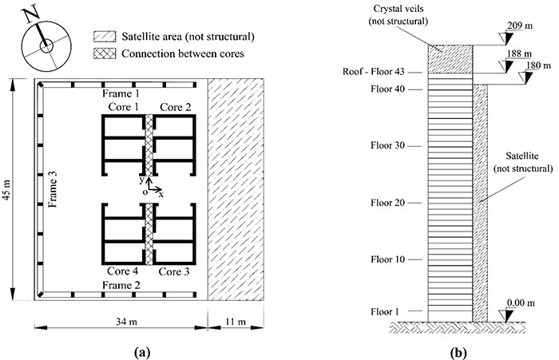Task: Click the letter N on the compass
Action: coord(31,14)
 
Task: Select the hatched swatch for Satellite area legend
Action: coord(105,37)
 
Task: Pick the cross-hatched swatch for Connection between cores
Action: coord(105,53)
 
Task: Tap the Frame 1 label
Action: coord(121,93)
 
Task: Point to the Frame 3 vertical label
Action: coord(53,189)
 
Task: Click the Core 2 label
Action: coord(176,107)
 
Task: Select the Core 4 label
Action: coord(123,271)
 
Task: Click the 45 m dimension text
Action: coord(6,190)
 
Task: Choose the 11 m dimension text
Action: coord(236,322)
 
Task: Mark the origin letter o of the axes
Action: coord(145,192)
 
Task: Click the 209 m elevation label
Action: coord(519,26)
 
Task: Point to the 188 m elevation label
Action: coord(519,53)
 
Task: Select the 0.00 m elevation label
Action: coord(521,303)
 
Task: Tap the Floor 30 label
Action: coord(388,145)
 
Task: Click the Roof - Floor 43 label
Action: coord(374,72)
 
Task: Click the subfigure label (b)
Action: coord(458,353)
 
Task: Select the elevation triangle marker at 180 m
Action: coord(527,77)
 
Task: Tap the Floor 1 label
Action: coord(385,312)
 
